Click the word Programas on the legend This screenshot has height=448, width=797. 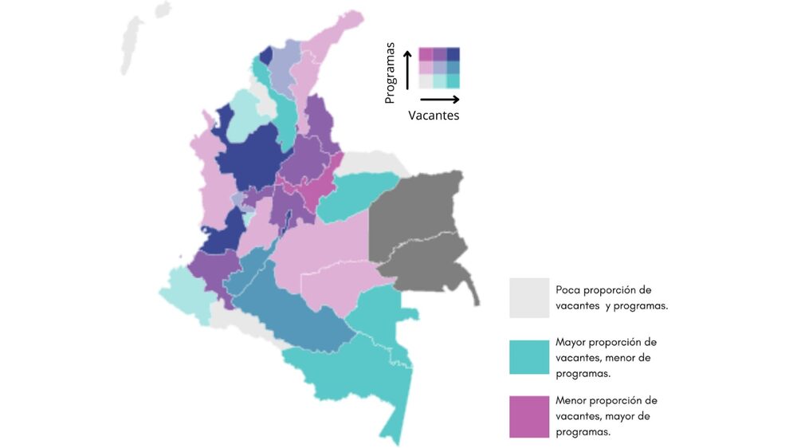pyautogui.click(x=390, y=73)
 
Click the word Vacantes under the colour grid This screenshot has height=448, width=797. pyautogui.click(x=434, y=116)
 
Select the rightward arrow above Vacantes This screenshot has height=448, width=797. pyautogui.click(x=439, y=100)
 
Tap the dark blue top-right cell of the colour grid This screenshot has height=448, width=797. pyautogui.click(x=453, y=54)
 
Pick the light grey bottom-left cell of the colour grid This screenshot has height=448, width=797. pyautogui.click(x=426, y=81)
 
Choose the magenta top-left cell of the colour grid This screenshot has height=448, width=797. pyautogui.click(x=426, y=54)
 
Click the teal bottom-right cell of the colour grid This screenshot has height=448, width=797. pyautogui.click(x=453, y=81)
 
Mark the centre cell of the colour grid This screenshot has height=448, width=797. pyautogui.click(x=440, y=68)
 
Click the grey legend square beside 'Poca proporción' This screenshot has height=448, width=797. pyautogui.click(x=529, y=298)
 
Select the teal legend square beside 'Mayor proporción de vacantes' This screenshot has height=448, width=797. pyautogui.click(x=529, y=357)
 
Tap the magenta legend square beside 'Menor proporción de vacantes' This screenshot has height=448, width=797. pyautogui.click(x=529, y=416)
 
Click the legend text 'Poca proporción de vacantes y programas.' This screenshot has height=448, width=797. pyautogui.click(x=611, y=298)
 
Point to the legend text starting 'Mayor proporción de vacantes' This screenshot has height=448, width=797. pyautogui.click(x=607, y=357)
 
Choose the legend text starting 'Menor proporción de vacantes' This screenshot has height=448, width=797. pyautogui.click(x=607, y=415)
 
